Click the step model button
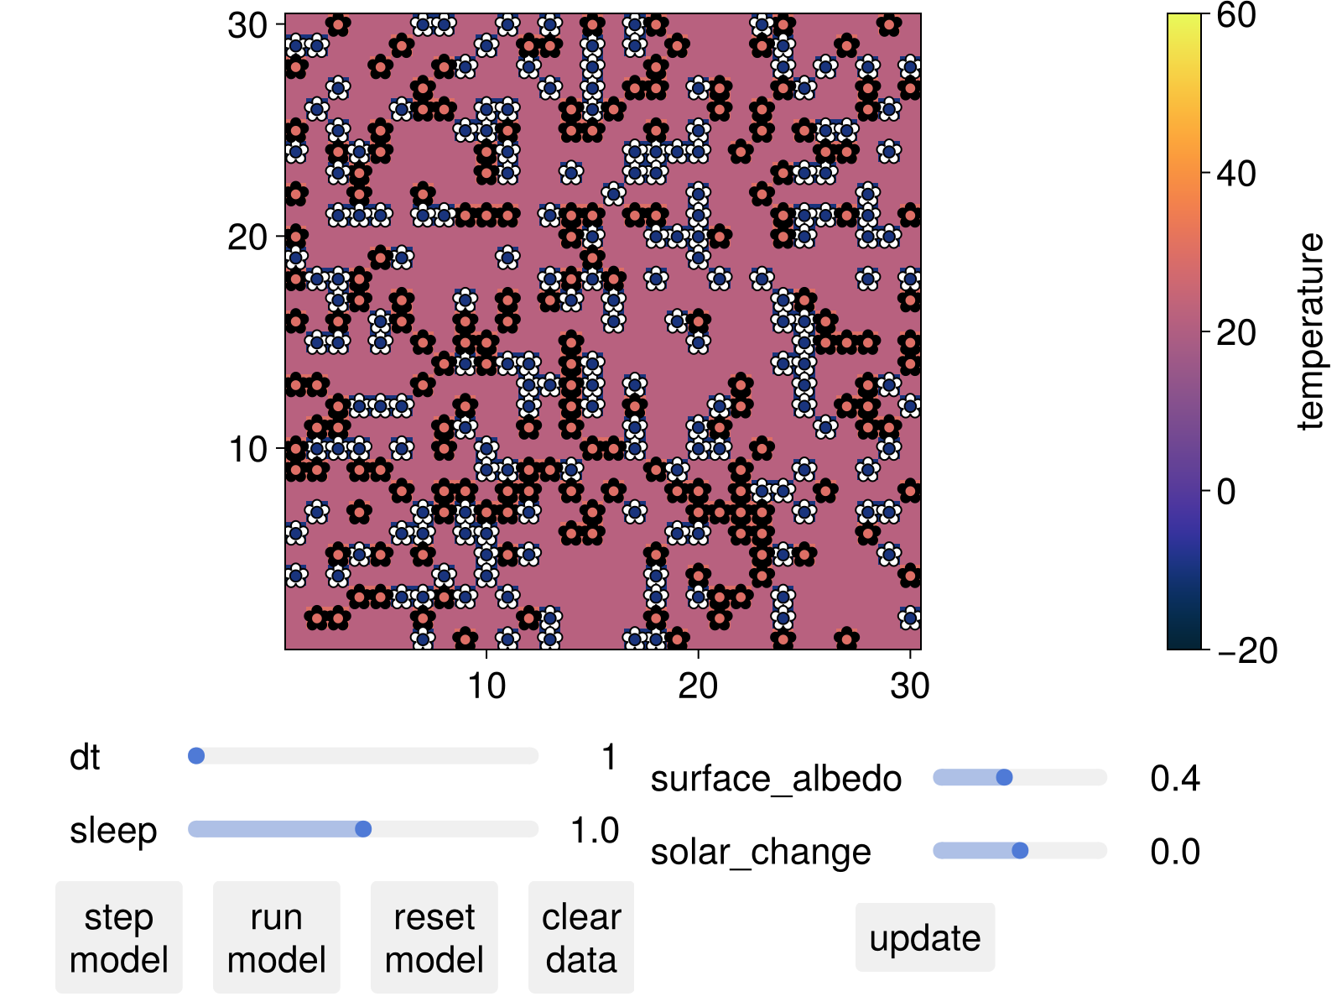tap(118, 937)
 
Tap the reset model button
tap(434, 937)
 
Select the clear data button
tap(581, 937)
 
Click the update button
tap(924, 937)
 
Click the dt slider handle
tap(196, 756)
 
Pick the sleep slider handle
tap(363, 829)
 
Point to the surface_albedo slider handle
tap(1004, 778)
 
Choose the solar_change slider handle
tap(1020, 851)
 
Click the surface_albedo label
tap(776, 779)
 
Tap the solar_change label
tap(761, 852)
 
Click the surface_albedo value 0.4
tap(1175, 779)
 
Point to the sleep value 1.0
tap(595, 830)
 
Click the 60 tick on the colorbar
tap(1235, 15)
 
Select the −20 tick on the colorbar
tap(1247, 650)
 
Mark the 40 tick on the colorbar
tap(1235, 174)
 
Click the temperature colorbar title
tap(1309, 331)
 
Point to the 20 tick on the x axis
tap(698, 686)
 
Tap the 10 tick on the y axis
tap(248, 449)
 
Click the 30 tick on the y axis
tap(248, 26)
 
